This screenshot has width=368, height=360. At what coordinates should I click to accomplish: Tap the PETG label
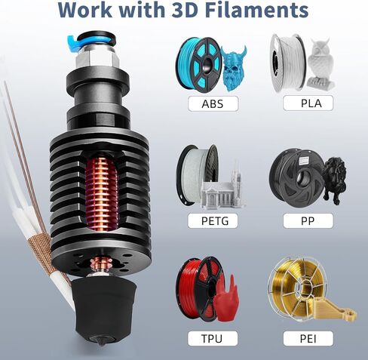207,221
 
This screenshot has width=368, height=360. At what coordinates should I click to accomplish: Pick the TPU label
207,337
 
